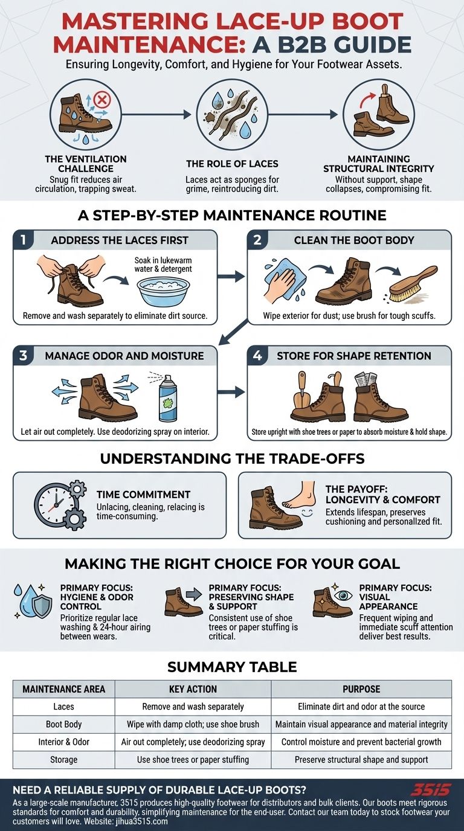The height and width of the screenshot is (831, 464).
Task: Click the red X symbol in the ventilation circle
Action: click(x=101, y=100)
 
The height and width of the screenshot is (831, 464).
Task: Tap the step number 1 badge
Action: click(x=23, y=240)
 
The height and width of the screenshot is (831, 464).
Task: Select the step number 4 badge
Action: click(x=257, y=356)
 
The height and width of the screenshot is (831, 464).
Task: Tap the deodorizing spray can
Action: click(x=168, y=398)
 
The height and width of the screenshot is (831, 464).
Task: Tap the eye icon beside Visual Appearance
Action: click(x=343, y=595)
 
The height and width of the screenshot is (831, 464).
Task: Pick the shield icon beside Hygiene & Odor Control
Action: click(x=41, y=606)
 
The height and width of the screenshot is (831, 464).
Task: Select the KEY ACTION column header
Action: click(x=193, y=689)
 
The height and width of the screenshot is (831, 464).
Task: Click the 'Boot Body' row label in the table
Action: click(x=64, y=724)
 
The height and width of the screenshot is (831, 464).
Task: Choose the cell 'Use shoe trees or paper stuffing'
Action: click(x=193, y=759)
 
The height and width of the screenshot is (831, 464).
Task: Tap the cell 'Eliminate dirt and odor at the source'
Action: click(x=361, y=707)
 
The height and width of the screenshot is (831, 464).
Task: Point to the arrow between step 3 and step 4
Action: click(x=231, y=392)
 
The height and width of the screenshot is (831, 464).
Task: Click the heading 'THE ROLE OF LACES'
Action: click(x=232, y=164)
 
